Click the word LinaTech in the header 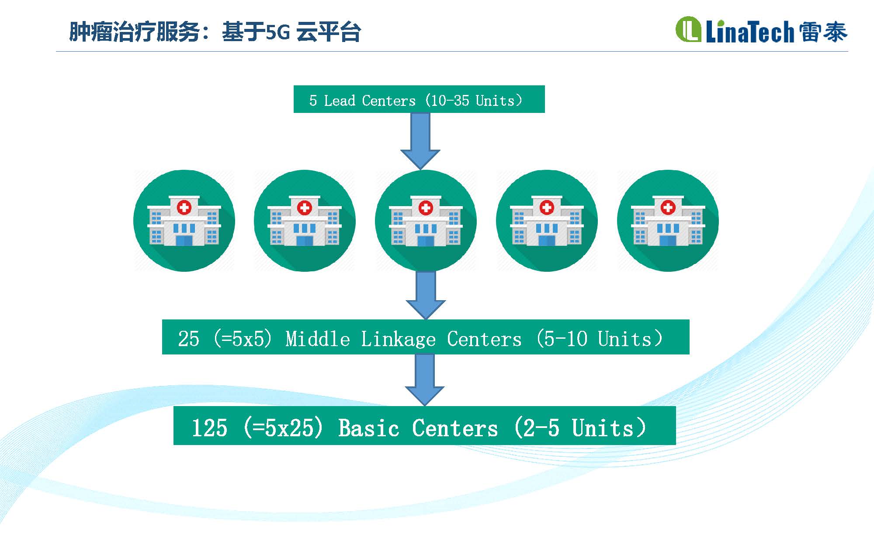(749, 32)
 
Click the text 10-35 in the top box (450, 101)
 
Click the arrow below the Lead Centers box (420, 141)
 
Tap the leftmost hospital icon (184, 221)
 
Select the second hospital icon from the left (305, 221)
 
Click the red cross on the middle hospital (426, 207)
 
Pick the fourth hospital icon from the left (547, 221)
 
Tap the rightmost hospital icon (668, 221)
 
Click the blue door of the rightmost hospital (668, 240)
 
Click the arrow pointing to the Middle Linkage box (426, 295)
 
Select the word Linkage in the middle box (398, 339)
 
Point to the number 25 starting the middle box (189, 339)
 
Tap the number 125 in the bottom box (210, 428)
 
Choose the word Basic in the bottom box (369, 428)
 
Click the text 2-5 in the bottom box (541, 428)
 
